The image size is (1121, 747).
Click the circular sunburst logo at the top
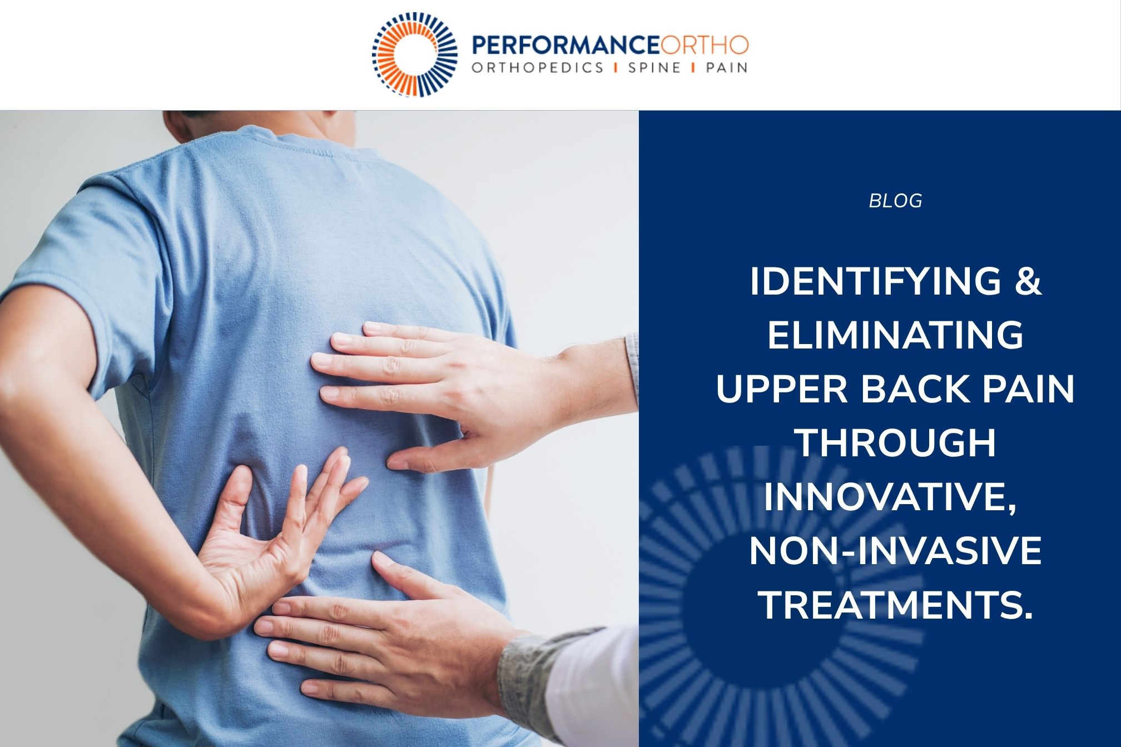tap(415, 54)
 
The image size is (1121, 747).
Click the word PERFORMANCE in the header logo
tap(566, 45)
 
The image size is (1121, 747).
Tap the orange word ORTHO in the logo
tap(705, 45)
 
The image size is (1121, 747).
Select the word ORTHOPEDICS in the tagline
tap(537, 68)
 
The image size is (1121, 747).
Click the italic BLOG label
tap(895, 201)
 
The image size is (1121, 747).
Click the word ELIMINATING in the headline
tap(895, 335)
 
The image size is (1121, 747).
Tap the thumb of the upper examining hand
tap(423, 460)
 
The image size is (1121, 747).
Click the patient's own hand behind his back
tap(267, 550)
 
